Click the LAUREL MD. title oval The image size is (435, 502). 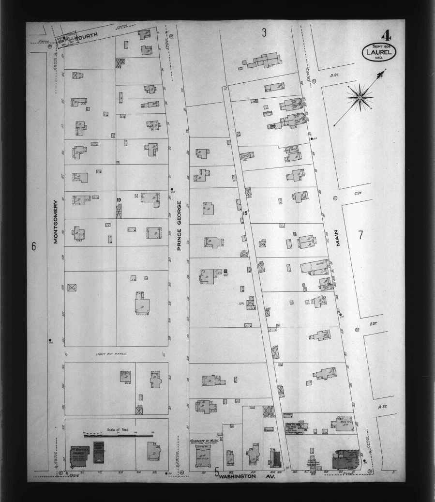[378, 52]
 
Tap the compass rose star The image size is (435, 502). [360, 97]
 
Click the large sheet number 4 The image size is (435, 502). [386, 36]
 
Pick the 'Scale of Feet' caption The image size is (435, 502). [115, 429]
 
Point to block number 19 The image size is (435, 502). [119, 199]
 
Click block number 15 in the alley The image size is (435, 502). [245, 213]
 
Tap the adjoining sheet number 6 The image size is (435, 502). [34, 246]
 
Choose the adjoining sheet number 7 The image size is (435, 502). [360, 235]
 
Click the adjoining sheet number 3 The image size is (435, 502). [264, 33]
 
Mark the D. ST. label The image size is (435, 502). [333, 75]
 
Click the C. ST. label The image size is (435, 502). [358, 194]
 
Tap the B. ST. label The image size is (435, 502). [374, 324]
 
